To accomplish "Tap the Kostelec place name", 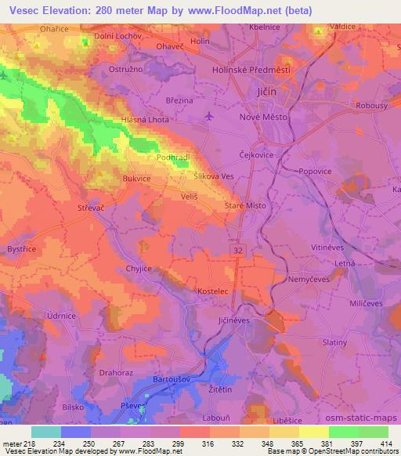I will (x=212, y=291).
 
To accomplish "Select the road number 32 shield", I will (x=236, y=248).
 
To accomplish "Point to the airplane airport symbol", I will (x=208, y=116).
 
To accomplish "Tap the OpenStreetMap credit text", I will (x=361, y=451).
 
